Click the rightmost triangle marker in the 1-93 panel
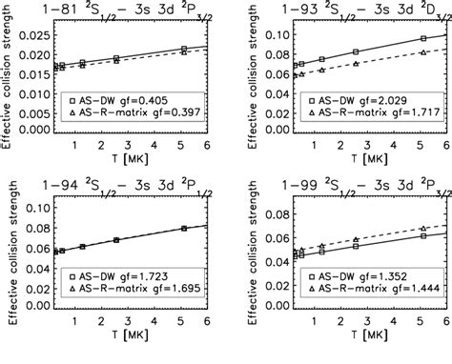pyautogui.click(x=423, y=53)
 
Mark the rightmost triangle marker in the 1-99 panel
pyautogui.click(x=423, y=230)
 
